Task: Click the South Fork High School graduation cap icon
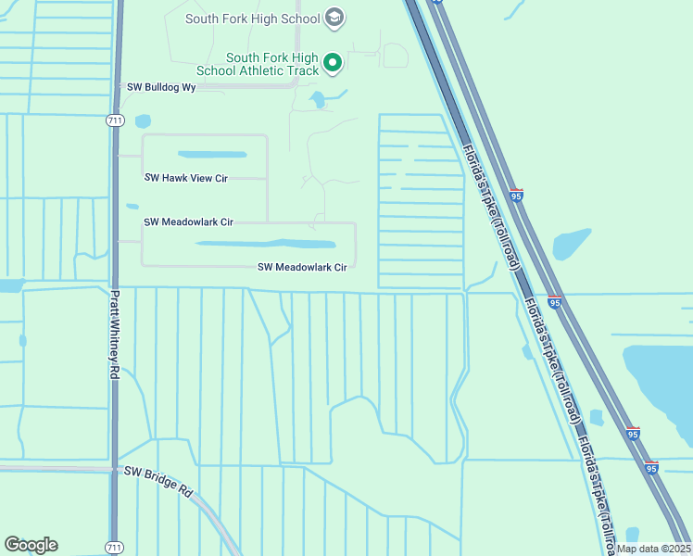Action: [334, 18]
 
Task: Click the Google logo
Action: [31, 545]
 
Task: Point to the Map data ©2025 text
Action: [652, 549]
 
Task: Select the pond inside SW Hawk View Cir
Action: [212, 155]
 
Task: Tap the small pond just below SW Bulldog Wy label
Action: [142, 121]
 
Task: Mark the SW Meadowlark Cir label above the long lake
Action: [188, 222]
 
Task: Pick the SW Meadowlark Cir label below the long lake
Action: [302, 267]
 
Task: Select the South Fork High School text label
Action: [252, 19]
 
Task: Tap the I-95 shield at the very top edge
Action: [436, 2]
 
